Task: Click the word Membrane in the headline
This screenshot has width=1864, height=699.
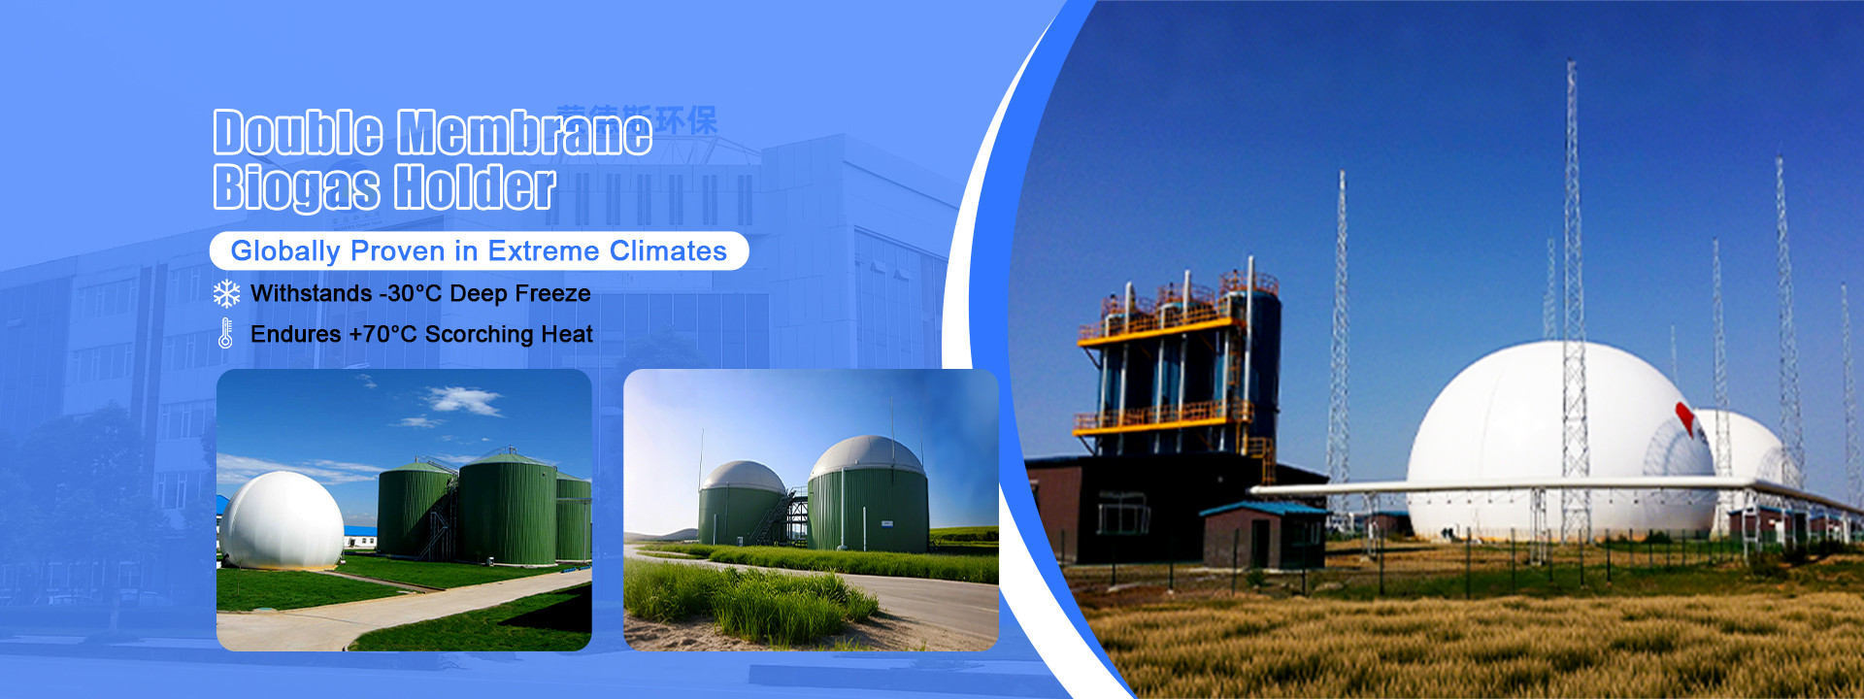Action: pos(524,133)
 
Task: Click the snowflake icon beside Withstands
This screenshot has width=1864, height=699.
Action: pos(226,293)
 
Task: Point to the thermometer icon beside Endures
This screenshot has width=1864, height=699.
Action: pos(225,334)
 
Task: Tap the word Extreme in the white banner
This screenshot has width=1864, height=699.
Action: pos(544,251)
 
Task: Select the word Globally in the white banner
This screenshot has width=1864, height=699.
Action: pos(285,251)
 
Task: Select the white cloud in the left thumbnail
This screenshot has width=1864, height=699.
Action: pos(463,399)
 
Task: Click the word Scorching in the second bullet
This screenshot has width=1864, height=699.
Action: pos(480,334)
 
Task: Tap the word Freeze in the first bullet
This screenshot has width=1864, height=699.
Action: pos(558,293)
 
